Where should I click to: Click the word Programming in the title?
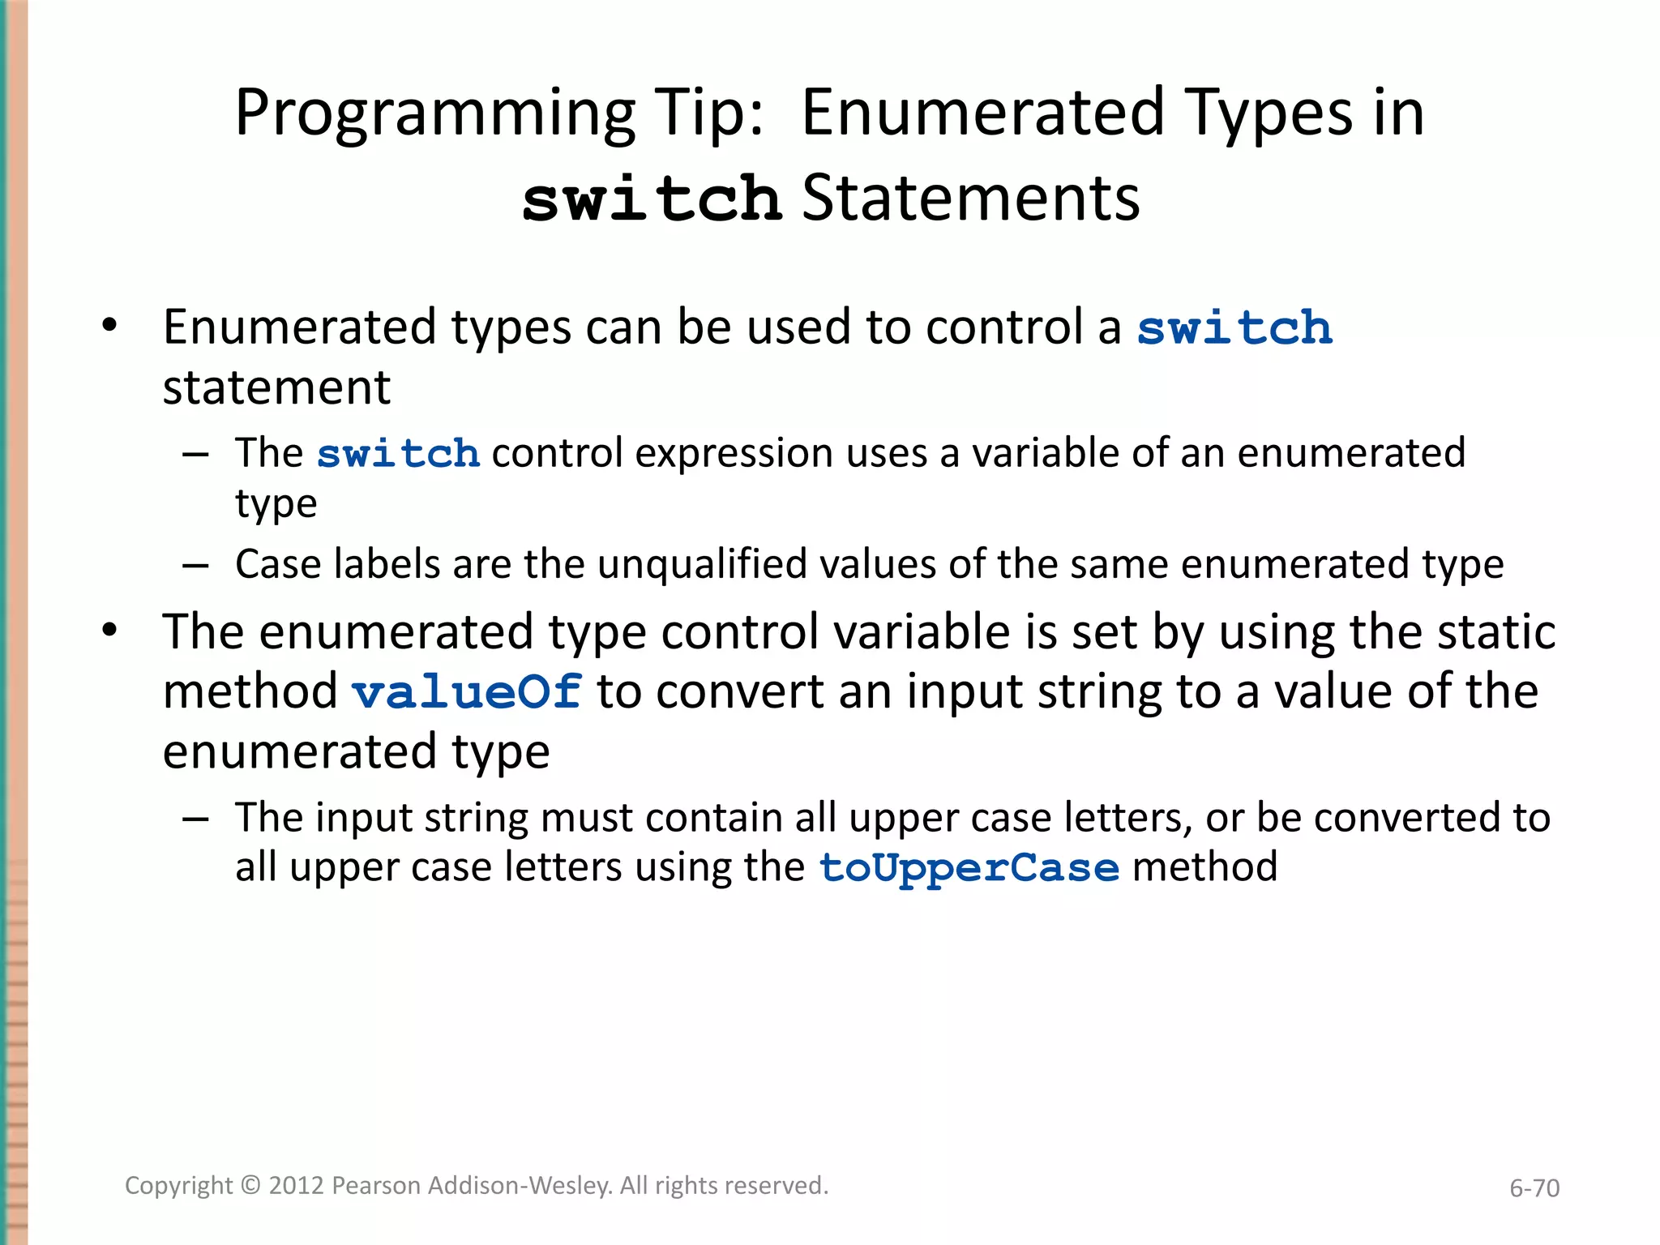[x=434, y=113]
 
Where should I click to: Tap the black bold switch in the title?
[x=652, y=199]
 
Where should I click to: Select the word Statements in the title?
[x=970, y=199]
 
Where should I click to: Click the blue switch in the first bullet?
[x=1234, y=328]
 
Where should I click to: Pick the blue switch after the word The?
[x=398, y=453]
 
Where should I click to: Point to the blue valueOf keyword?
[x=467, y=692]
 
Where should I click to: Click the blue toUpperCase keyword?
[x=969, y=867]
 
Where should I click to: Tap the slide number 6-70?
[x=1534, y=1188]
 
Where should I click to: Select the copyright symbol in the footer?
[x=251, y=1186]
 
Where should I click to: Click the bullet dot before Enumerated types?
[x=109, y=326]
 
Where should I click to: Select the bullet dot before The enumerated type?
[x=109, y=630]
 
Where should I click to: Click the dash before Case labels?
[x=195, y=565]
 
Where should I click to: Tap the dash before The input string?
[x=195, y=819]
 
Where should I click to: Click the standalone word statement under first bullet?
[x=276, y=387]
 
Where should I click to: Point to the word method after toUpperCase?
[x=1204, y=866]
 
